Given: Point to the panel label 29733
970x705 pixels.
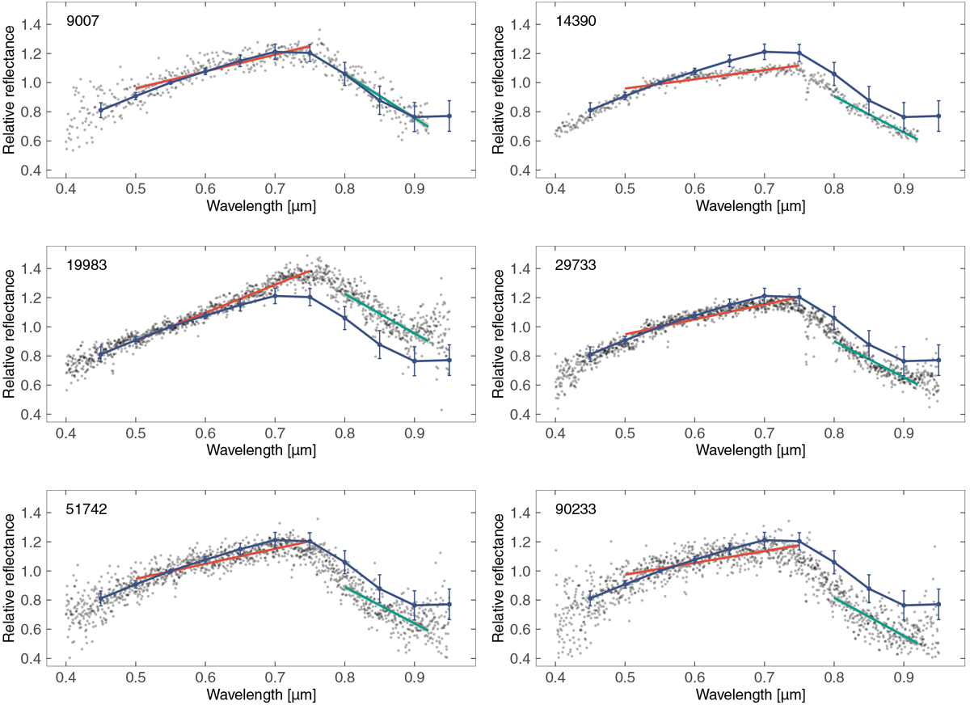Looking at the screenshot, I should coord(573,264).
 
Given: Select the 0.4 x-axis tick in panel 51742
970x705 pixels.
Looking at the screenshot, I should coord(66,678).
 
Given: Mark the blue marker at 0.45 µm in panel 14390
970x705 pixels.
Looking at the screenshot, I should coord(590,110).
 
